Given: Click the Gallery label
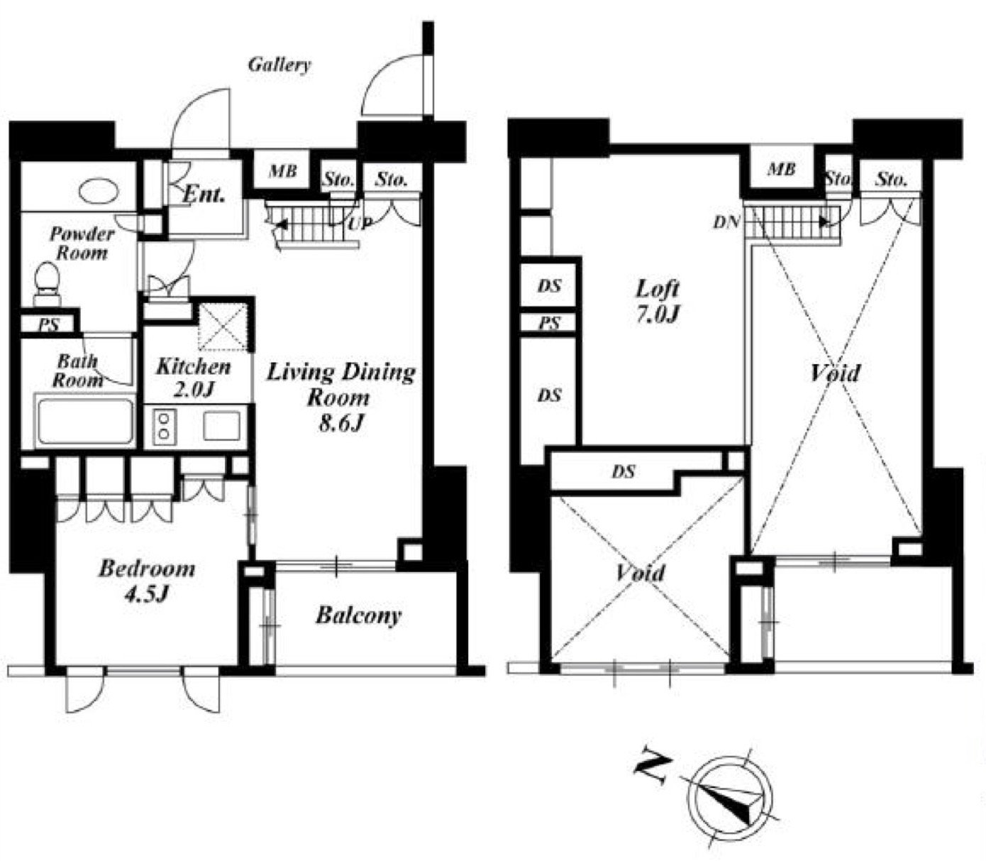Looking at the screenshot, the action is pyautogui.click(x=279, y=65).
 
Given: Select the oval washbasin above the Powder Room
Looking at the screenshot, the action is pyautogui.click(x=99, y=192).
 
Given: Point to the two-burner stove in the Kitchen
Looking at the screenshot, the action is pyautogui.click(x=164, y=427).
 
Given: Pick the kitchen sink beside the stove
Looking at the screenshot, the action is pyautogui.click(x=222, y=425).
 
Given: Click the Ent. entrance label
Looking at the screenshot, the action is pyautogui.click(x=204, y=194).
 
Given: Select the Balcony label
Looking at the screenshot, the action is pyautogui.click(x=358, y=617).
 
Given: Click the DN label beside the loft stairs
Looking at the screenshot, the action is pyautogui.click(x=726, y=222).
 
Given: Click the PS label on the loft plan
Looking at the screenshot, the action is pyautogui.click(x=549, y=322).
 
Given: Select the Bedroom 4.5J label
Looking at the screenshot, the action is pyautogui.click(x=147, y=581).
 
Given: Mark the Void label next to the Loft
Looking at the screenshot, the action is pyautogui.click(x=835, y=373).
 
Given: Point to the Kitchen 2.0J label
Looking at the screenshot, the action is pyautogui.click(x=194, y=378).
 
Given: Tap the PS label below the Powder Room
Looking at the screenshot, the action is pyautogui.click(x=49, y=325).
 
